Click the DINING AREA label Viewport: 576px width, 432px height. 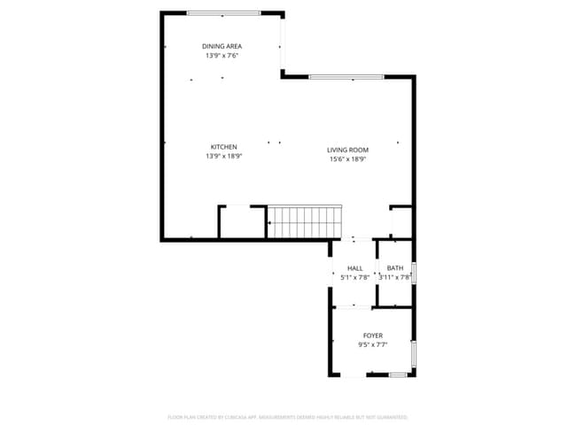tap(222, 46)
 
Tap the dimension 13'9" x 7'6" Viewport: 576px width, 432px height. tap(222, 55)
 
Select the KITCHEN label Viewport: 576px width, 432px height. tap(223, 147)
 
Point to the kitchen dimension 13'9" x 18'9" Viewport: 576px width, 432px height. tap(223, 156)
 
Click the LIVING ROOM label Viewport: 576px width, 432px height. tap(348, 150)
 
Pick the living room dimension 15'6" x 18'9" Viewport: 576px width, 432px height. tap(348, 159)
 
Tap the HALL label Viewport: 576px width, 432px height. tap(354, 268)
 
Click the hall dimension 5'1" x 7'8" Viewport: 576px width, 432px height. tap(354, 277)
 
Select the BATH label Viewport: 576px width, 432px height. tap(395, 268)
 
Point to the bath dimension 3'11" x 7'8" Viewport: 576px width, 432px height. tap(395, 277)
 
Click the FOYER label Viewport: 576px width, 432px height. tap(373, 336)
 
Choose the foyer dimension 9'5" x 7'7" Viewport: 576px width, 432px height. tap(373, 344)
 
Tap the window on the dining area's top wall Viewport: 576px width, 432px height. tap(223, 12)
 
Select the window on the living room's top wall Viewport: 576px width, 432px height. tap(346, 77)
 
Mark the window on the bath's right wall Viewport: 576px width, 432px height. tap(415, 273)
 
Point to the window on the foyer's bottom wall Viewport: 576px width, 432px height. tap(398, 375)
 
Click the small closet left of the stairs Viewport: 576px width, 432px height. tap(242, 222)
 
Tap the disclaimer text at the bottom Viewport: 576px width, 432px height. tap(288, 416)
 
